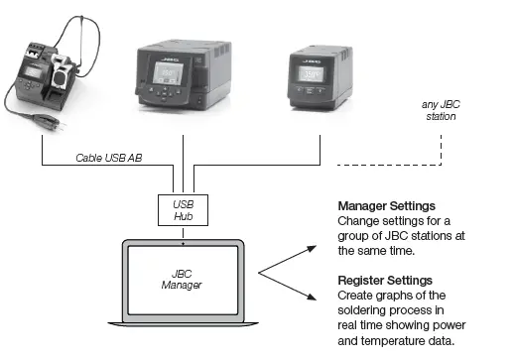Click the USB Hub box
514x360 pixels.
coord(184,208)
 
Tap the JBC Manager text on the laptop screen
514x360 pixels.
coord(185,280)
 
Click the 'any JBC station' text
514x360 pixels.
coord(437,111)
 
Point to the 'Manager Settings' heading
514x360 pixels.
coord(386,206)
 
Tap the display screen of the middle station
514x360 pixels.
coord(185,75)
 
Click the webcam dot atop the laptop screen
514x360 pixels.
coord(185,240)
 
